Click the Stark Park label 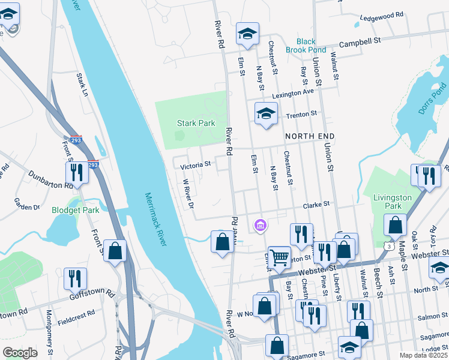coord(196,123)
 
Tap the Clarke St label coord(317,204)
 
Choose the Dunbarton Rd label coord(50,178)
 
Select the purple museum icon coord(260,225)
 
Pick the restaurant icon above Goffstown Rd coord(75,277)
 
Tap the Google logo coord(20,353)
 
